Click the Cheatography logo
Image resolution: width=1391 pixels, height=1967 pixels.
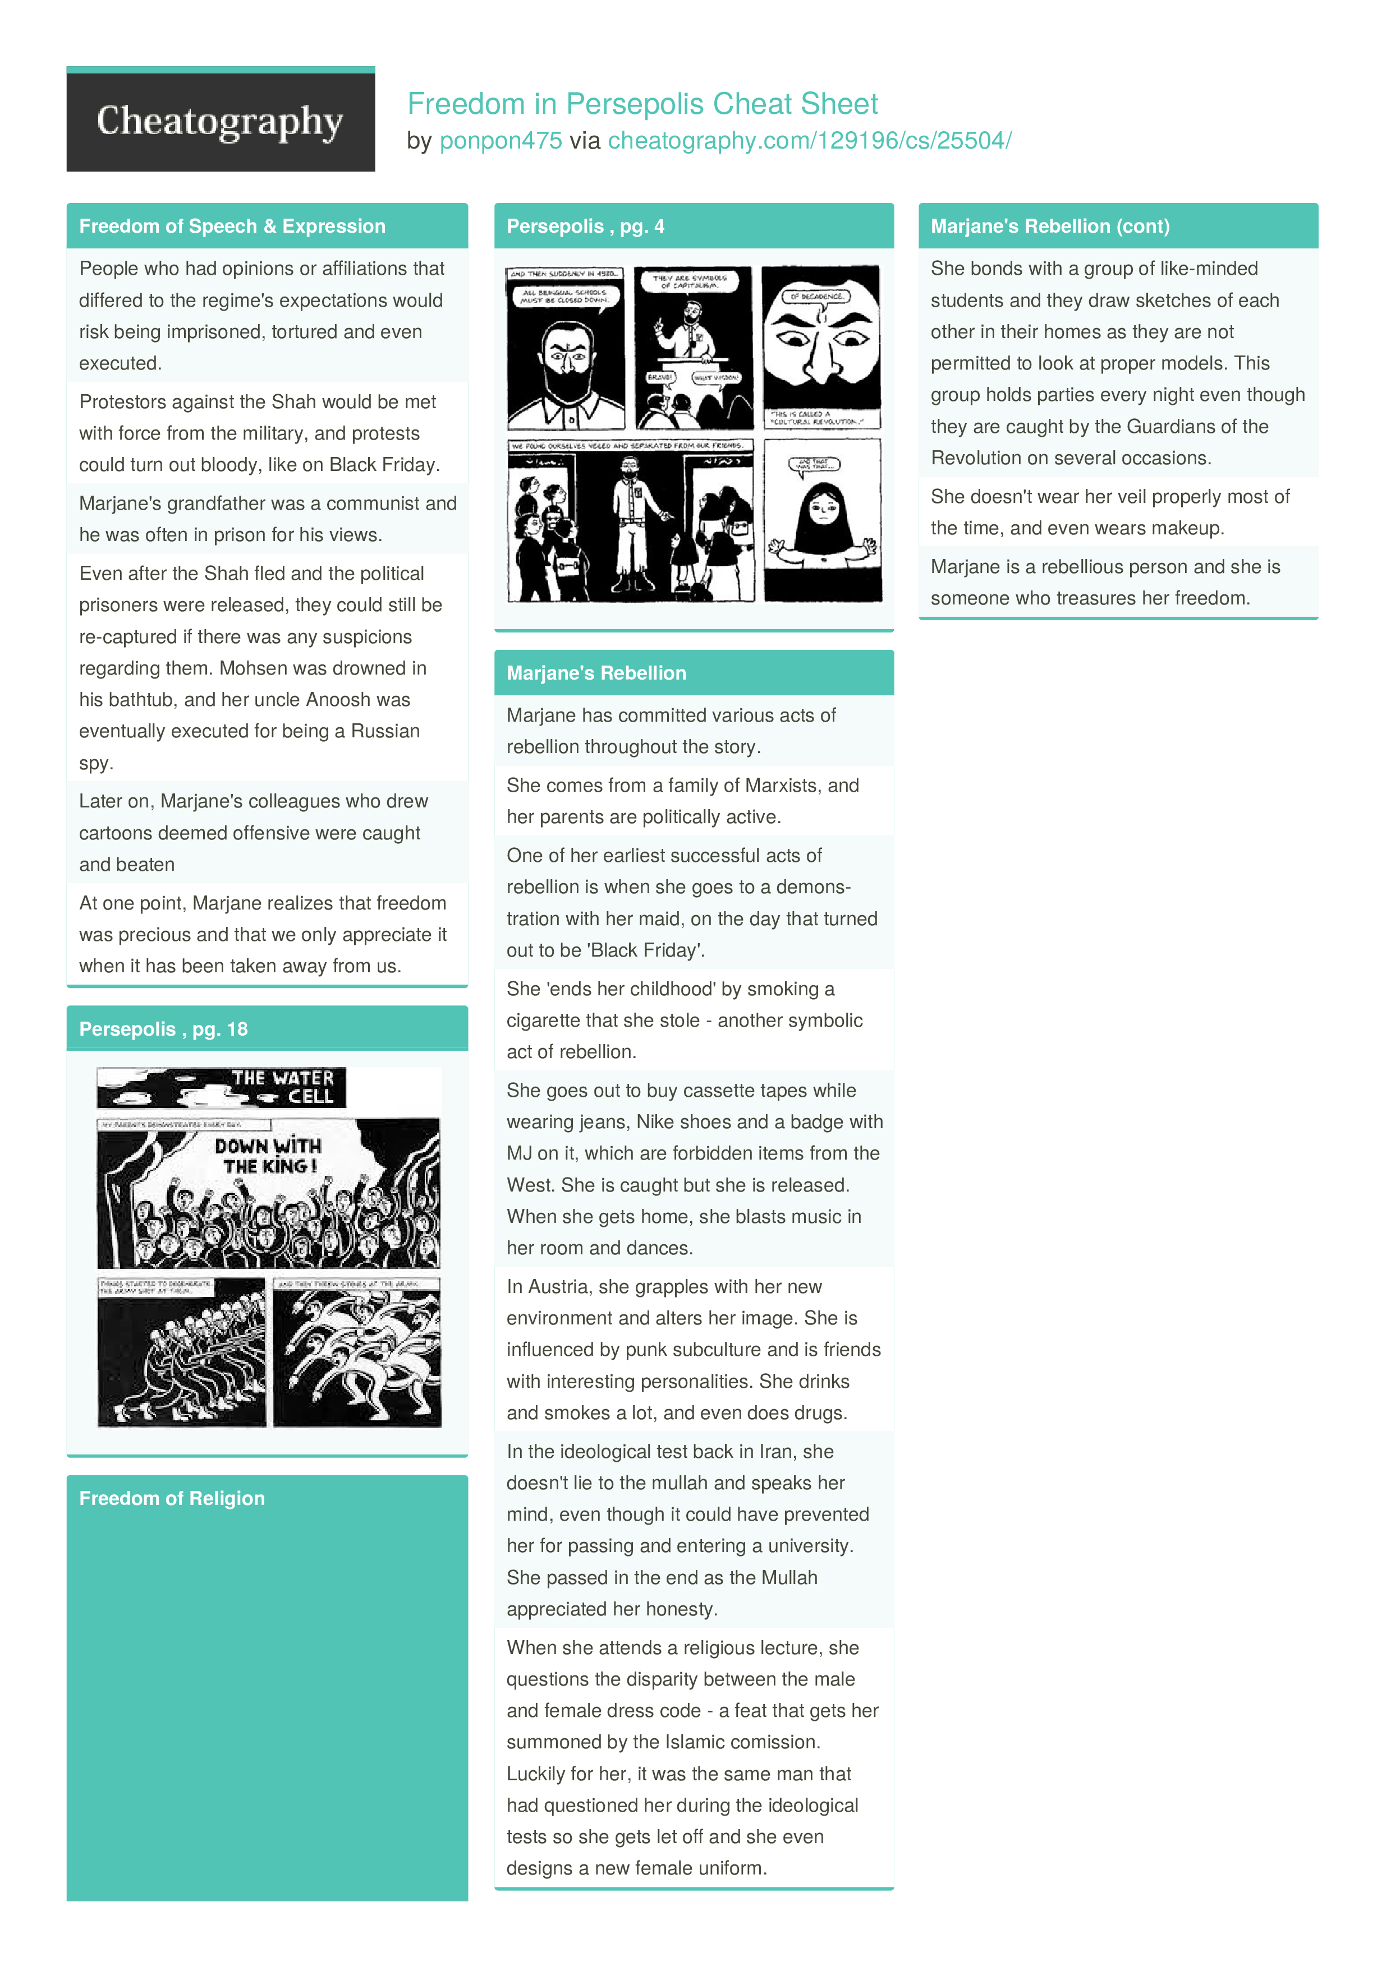pyautogui.click(x=221, y=121)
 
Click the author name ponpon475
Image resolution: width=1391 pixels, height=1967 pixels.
pyautogui.click(x=501, y=141)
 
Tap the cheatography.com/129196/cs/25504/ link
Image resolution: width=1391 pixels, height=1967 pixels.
pyautogui.click(x=809, y=141)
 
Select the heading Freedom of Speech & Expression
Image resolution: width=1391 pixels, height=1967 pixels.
pyautogui.click(x=232, y=226)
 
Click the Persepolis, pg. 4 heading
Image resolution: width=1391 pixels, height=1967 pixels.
pyautogui.click(x=585, y=226)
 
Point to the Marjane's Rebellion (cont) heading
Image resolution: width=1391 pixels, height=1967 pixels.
pyautogui.click(x=1050, y=226)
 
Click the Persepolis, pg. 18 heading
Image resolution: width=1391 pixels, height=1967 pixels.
pyautogui.click(x=163, y=1029)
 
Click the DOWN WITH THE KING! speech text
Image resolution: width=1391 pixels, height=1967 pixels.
pyautogui.click(x=268, y=1156)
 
